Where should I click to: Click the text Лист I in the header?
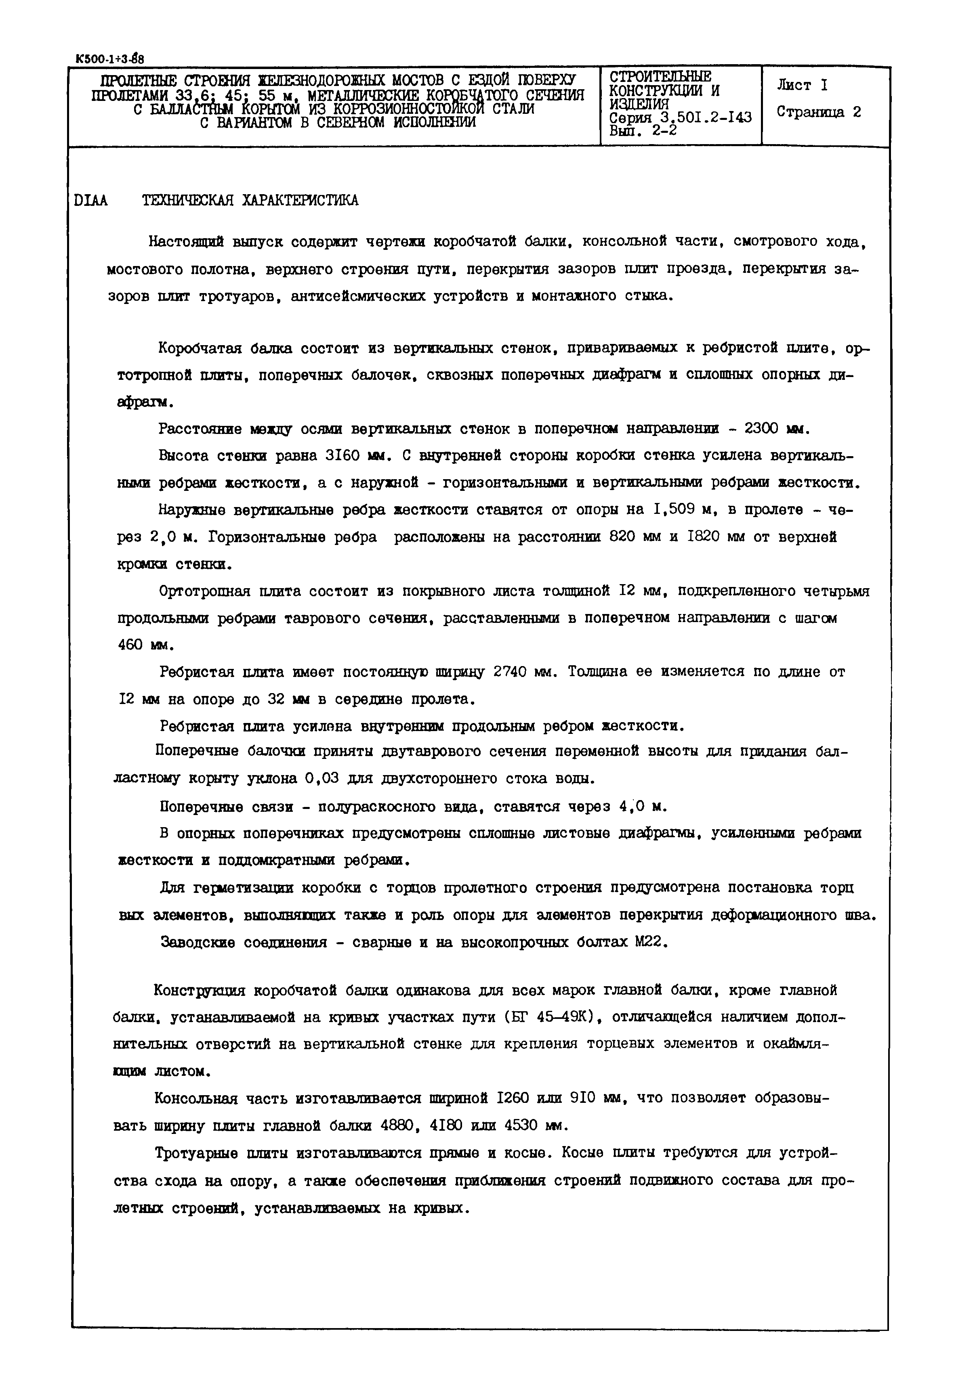pyautogui.click(x=802, y=86)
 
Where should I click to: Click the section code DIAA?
pyautogui.click(x=91, y=201)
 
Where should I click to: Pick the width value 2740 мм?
pyautogui.click(x=524, y=672)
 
